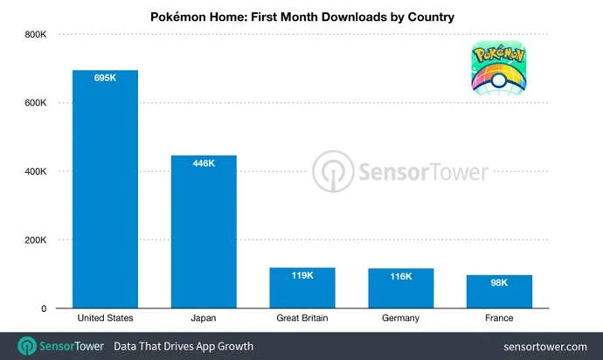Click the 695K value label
(105, 79)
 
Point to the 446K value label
(204, 163)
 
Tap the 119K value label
(301, 275)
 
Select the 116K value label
(400, 276)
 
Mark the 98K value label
(499, 282)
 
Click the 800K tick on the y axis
(35, 35)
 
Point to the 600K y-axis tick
(35, 103)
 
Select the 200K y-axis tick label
(35, 240)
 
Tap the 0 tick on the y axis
(42, 308)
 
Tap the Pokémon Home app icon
(501, 70)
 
